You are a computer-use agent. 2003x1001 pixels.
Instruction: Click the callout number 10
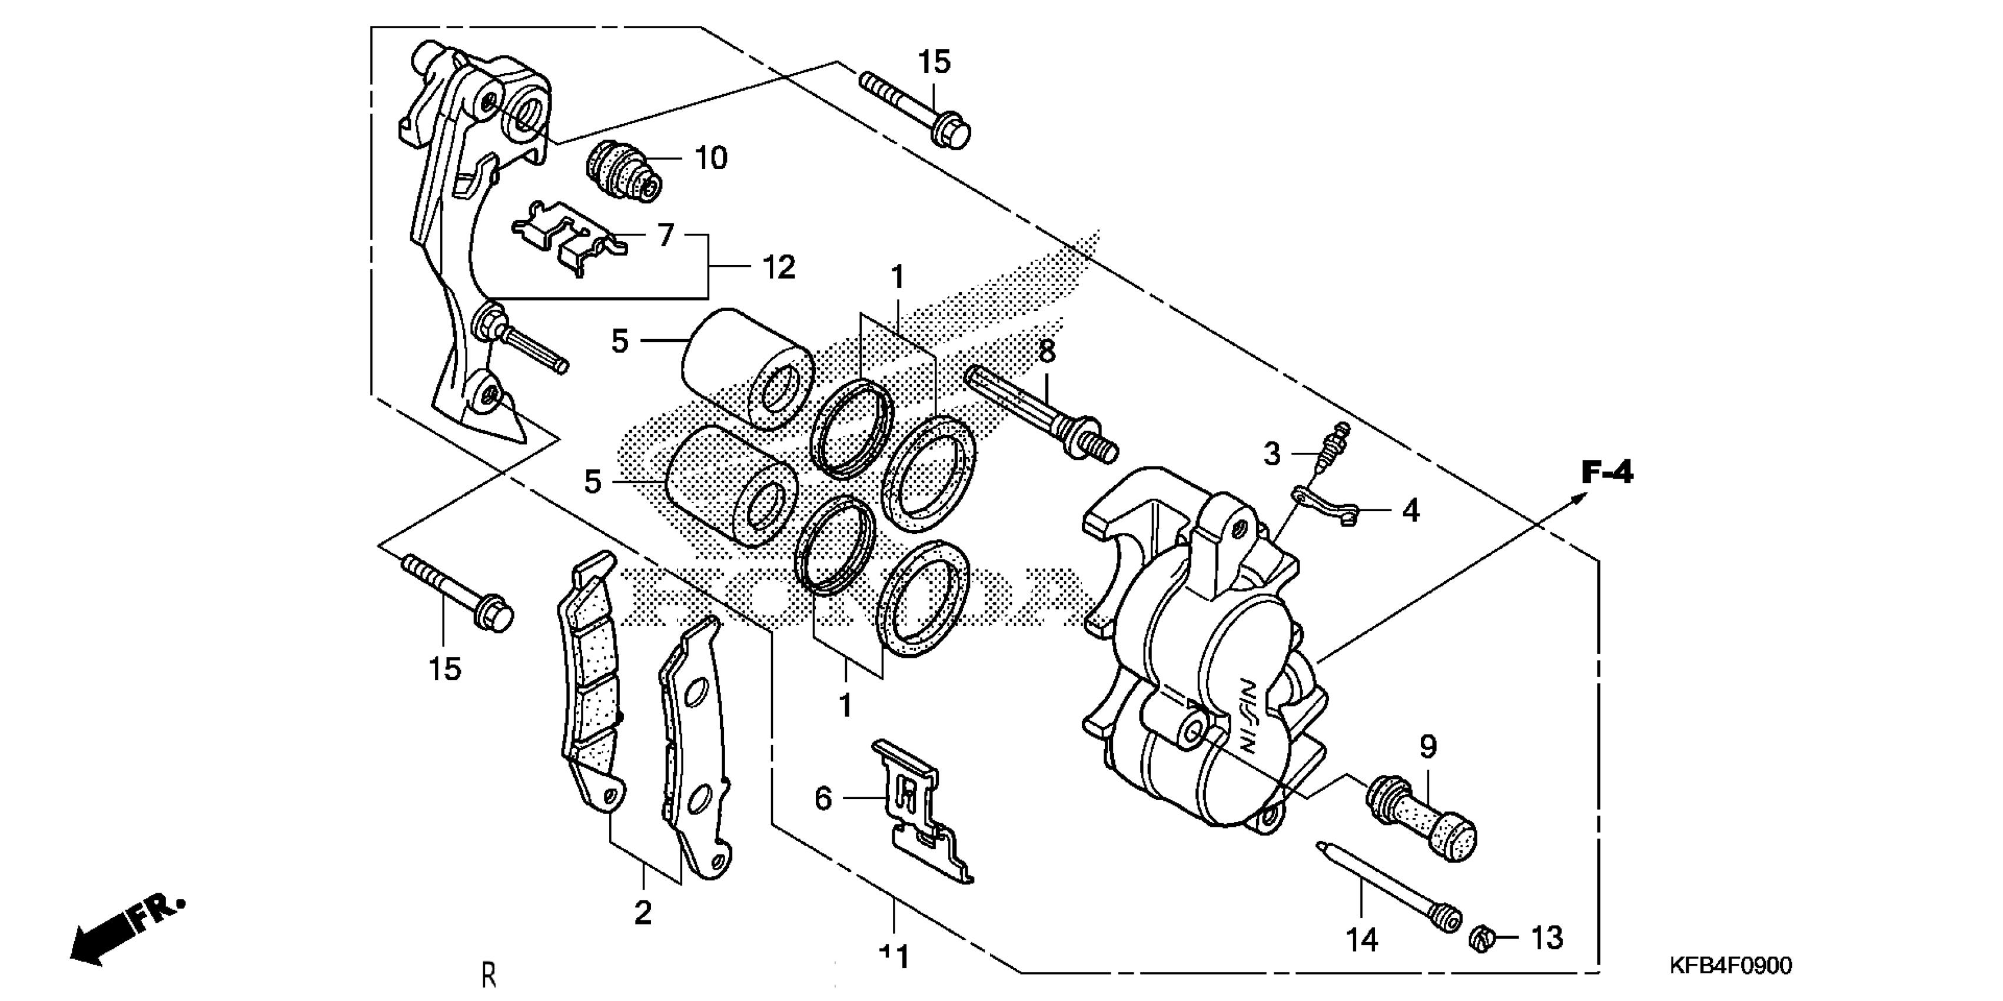[x=710, y=158]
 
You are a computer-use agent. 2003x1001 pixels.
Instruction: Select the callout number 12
[x=778, y=267]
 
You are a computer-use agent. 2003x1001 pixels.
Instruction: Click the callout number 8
[x=1047, y=352]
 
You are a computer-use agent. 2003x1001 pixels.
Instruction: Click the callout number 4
[x=1410, y=511]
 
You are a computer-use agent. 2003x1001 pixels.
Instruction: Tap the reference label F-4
[x=1607, y=472]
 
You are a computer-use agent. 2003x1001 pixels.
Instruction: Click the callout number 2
[x=642, y=912]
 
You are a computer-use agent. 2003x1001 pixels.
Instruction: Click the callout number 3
[x=1271, y=453]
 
